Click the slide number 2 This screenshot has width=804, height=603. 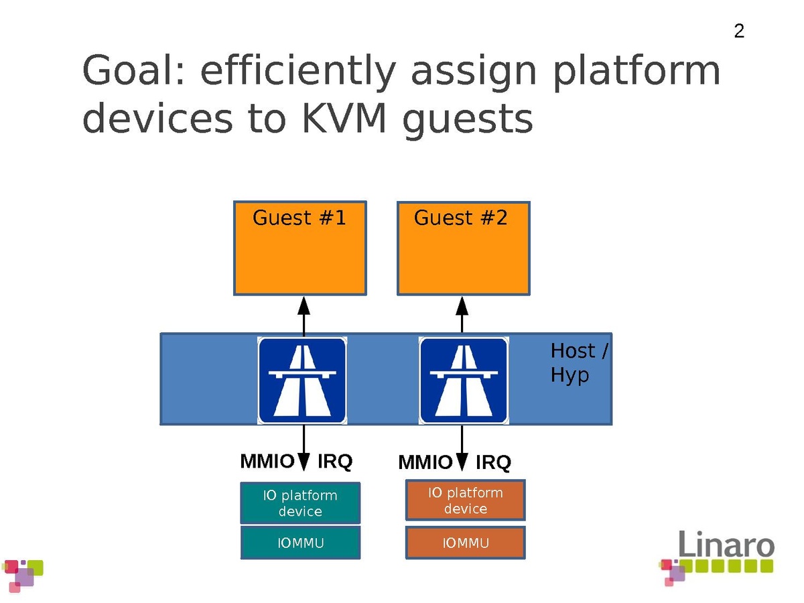click(739, 31)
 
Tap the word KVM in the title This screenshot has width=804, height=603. click(342, 119)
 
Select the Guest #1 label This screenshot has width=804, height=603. click(299, 218)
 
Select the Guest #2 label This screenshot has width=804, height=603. click(461, 218)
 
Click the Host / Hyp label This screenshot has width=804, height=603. click(578, 362)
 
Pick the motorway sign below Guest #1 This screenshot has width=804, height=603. click(302, 381)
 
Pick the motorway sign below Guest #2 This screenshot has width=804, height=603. click(463, 381)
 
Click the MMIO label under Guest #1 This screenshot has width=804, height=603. click(267, 462)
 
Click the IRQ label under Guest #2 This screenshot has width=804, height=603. click(493, 463)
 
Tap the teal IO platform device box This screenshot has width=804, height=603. click(300, 503)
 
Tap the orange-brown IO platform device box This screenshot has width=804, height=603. click(465, 500)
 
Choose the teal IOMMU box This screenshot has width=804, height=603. click(300, 543)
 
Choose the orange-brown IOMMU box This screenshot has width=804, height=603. click(465, 543)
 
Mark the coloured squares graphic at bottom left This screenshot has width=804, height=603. click(23, 575)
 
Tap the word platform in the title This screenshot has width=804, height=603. click(636, 72)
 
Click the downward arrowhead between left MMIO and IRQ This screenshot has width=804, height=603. click(304, 462)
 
